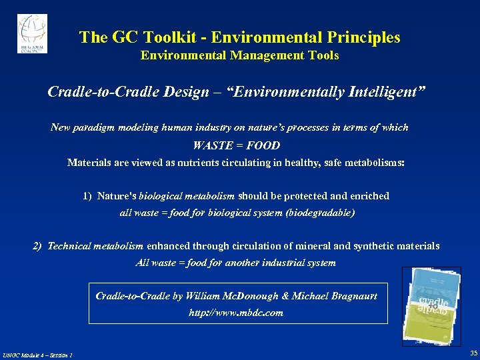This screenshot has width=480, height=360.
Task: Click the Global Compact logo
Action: tap(32, 33)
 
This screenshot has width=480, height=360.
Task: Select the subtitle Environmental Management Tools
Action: tap(239, 56)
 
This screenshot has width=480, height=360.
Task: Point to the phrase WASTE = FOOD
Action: tap(236, 145)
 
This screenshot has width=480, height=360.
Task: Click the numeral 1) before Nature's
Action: tap(88, 196)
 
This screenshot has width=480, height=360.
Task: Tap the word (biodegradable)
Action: tap(322, 213)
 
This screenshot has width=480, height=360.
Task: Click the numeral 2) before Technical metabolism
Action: tap(38, 246)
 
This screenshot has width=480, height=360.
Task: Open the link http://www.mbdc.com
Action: tap(236, 312)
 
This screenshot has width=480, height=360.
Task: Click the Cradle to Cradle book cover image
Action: tap(431, 306)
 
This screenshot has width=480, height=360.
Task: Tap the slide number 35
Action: tap(473, 353)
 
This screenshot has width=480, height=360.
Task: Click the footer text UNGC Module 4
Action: tap(26, 355)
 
